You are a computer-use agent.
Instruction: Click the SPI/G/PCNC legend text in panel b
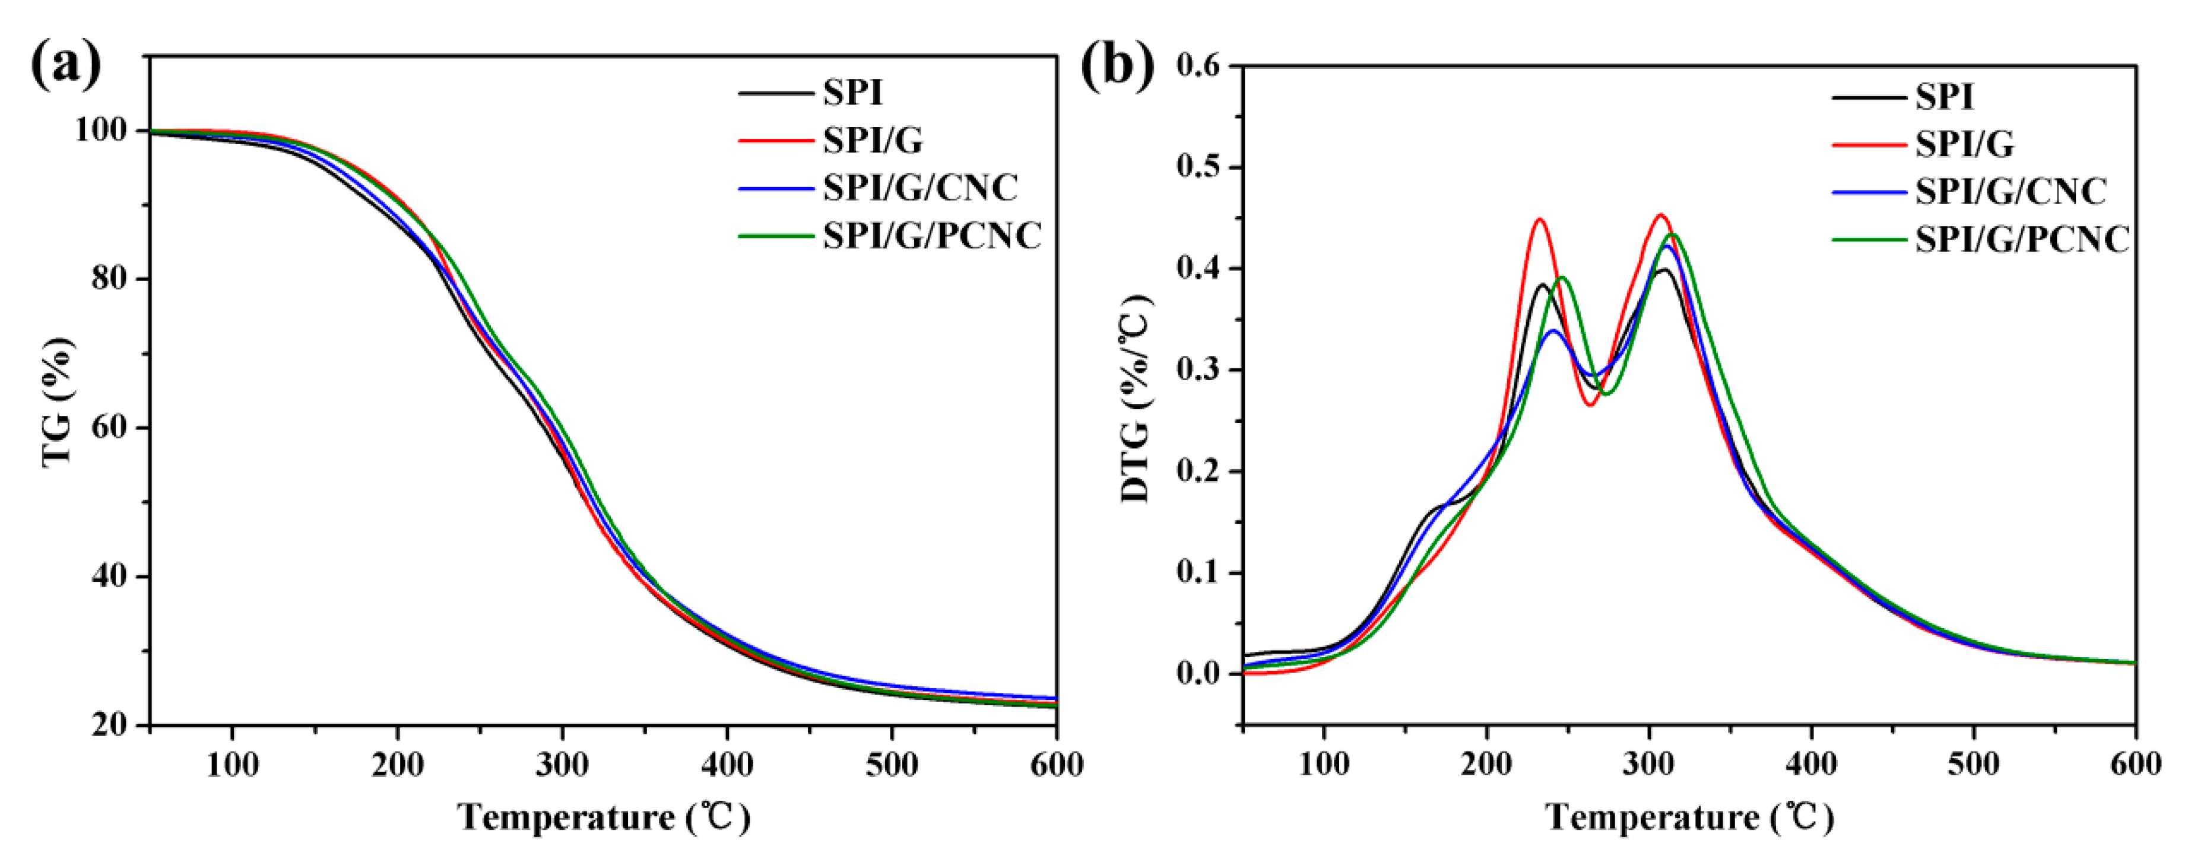click(2022, 240)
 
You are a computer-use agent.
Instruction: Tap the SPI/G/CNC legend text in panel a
click(920, 187)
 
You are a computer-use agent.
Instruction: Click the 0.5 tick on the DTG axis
click(1207, 167)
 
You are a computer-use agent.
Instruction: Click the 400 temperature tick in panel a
click(728, 765)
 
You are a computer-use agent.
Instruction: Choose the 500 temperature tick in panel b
click(1973, 765)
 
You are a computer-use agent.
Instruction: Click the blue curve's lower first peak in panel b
click(1553, 330)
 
